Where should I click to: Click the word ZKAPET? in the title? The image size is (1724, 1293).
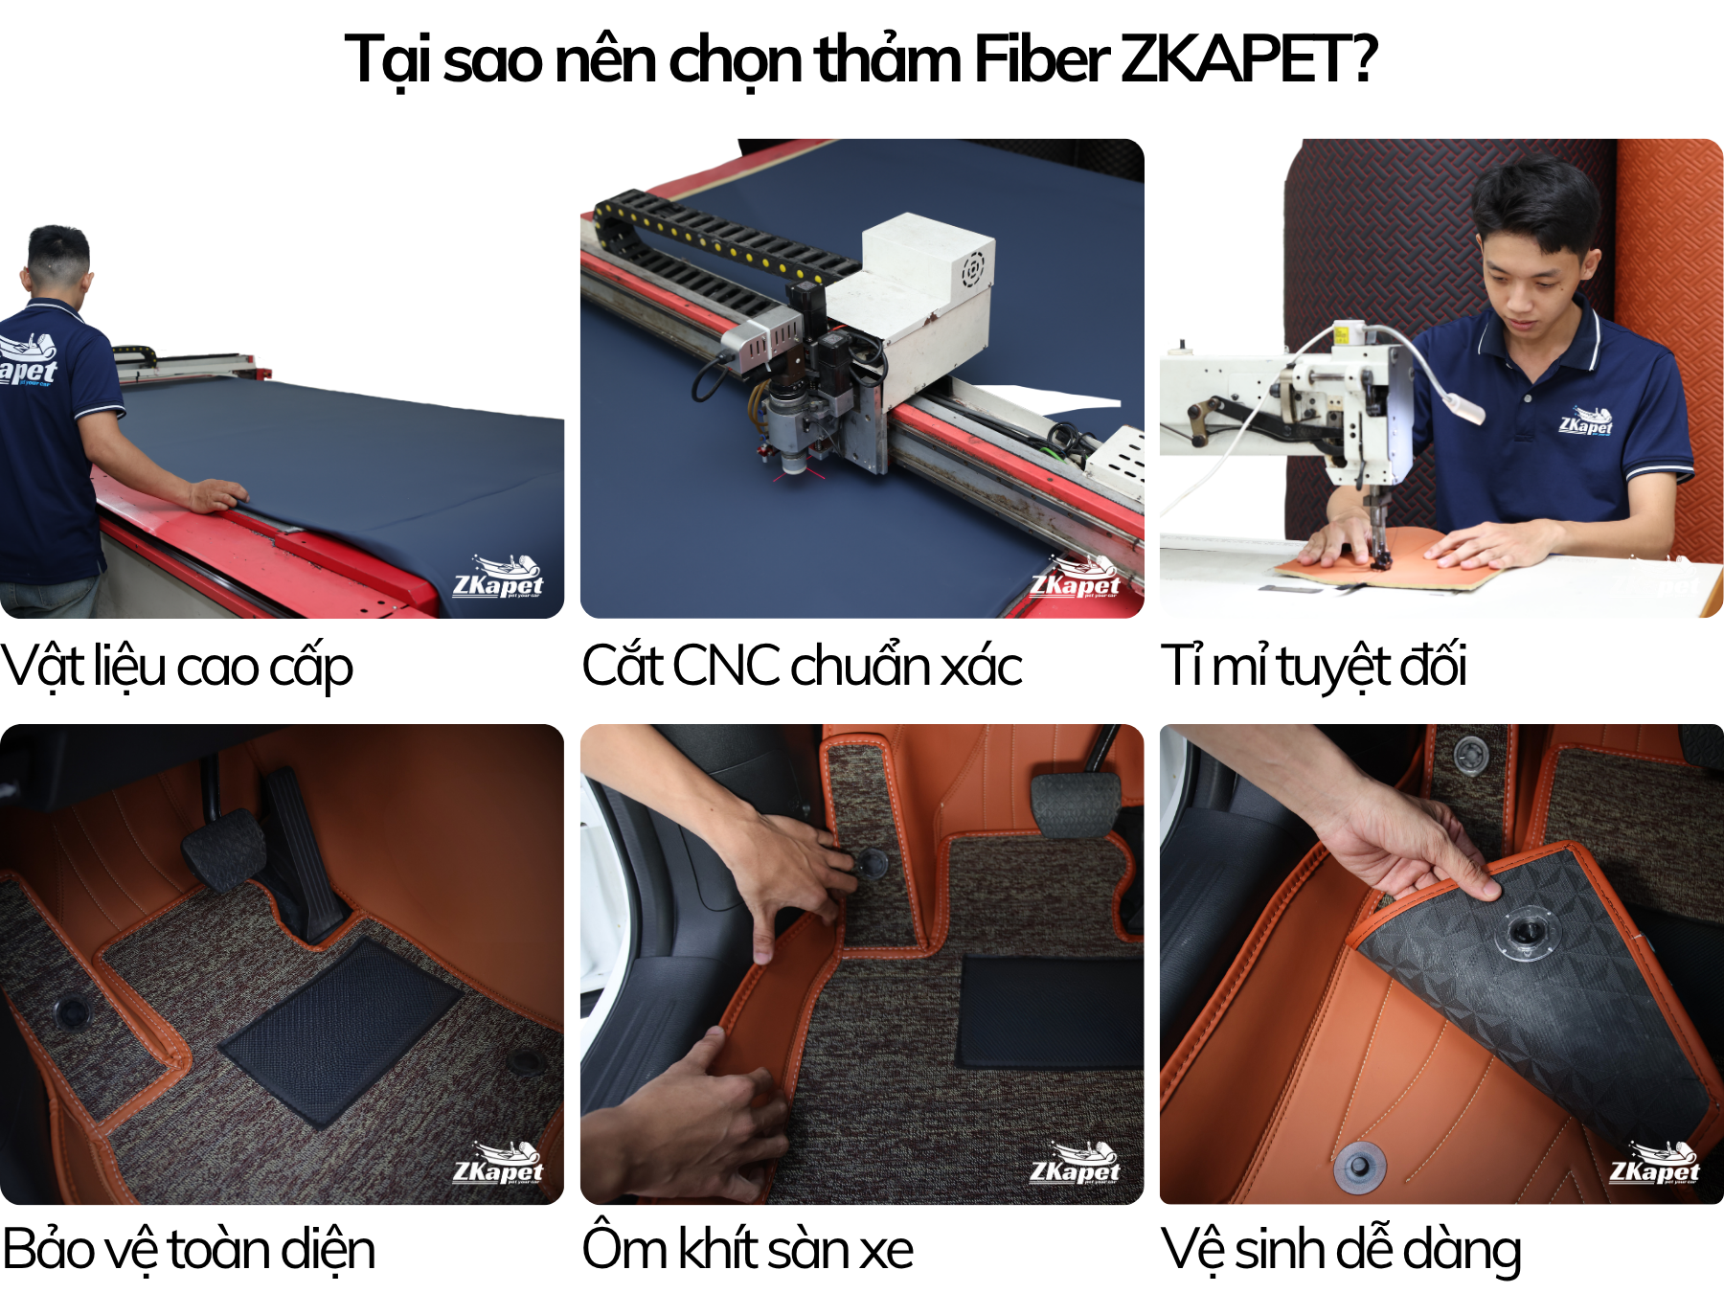[1249, 58]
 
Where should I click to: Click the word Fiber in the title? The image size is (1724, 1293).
[1040, 58]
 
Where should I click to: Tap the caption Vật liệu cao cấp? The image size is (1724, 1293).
[177, 667]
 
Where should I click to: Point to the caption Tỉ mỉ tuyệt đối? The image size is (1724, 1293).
[1313, 667]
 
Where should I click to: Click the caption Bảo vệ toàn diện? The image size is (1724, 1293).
[189, 1250]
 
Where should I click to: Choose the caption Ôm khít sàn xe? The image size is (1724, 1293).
[748, 1249]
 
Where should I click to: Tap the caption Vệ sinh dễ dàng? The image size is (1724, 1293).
[1341, 1250]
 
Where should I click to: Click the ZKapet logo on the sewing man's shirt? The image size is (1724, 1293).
[1586, 420]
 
